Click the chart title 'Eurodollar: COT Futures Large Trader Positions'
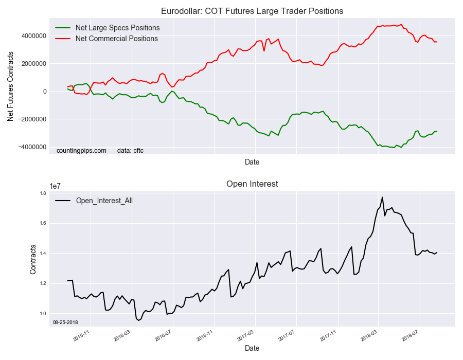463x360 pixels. (x=252, y=11)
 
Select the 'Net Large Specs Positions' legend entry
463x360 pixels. (x=118, y=28)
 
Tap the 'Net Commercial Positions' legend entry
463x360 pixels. (x=117, y=39)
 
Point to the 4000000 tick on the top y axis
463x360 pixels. (x=33, y=36)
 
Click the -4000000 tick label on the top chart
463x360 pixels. (x=32, y=147)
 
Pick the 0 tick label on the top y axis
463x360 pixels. (x=45, y=92)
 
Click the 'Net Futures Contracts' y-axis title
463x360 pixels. (x=10, y=91)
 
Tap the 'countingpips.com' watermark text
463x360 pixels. (x=81, y=151)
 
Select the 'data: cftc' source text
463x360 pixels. (x=132, y=151)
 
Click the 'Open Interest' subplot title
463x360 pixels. (x=252, y=184)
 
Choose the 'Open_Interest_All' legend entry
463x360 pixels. (x=104, y=201)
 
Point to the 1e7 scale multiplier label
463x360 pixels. (x=57, y=186)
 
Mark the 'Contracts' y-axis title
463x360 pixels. (x=33, y=260)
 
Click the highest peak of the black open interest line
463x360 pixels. (x=382, y=197)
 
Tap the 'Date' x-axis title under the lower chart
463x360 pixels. (x=252, y=348)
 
